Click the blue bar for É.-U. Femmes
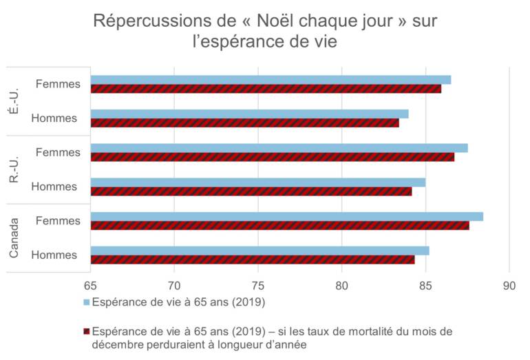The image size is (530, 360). (x=271, y=80)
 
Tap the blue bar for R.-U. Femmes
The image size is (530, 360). (x=279, y=148)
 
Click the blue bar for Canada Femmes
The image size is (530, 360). (x=286, y=217)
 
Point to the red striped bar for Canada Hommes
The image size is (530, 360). (x=252, y=260)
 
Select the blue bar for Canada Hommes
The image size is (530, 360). (x=259, y=251)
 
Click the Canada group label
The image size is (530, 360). (x=14, y=238)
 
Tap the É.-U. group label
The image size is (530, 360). (x=14, y=101)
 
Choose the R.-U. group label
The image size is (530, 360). (x=14, y=169)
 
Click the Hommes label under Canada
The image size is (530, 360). (x=54, y=255)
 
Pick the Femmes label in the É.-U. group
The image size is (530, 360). (x=58, y=85)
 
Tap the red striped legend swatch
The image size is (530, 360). (x=87, y=332)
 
